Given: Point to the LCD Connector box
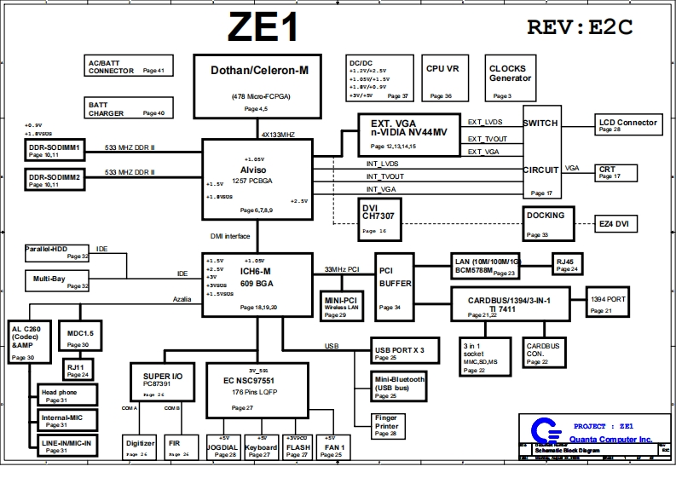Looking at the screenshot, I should coord(628,125).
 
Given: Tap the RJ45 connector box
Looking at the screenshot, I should coord(569,264).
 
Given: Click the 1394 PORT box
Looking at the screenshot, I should coord(606,303).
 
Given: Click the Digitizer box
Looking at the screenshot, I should coord(140,447).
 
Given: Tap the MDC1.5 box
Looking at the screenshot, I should coord(79,338).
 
